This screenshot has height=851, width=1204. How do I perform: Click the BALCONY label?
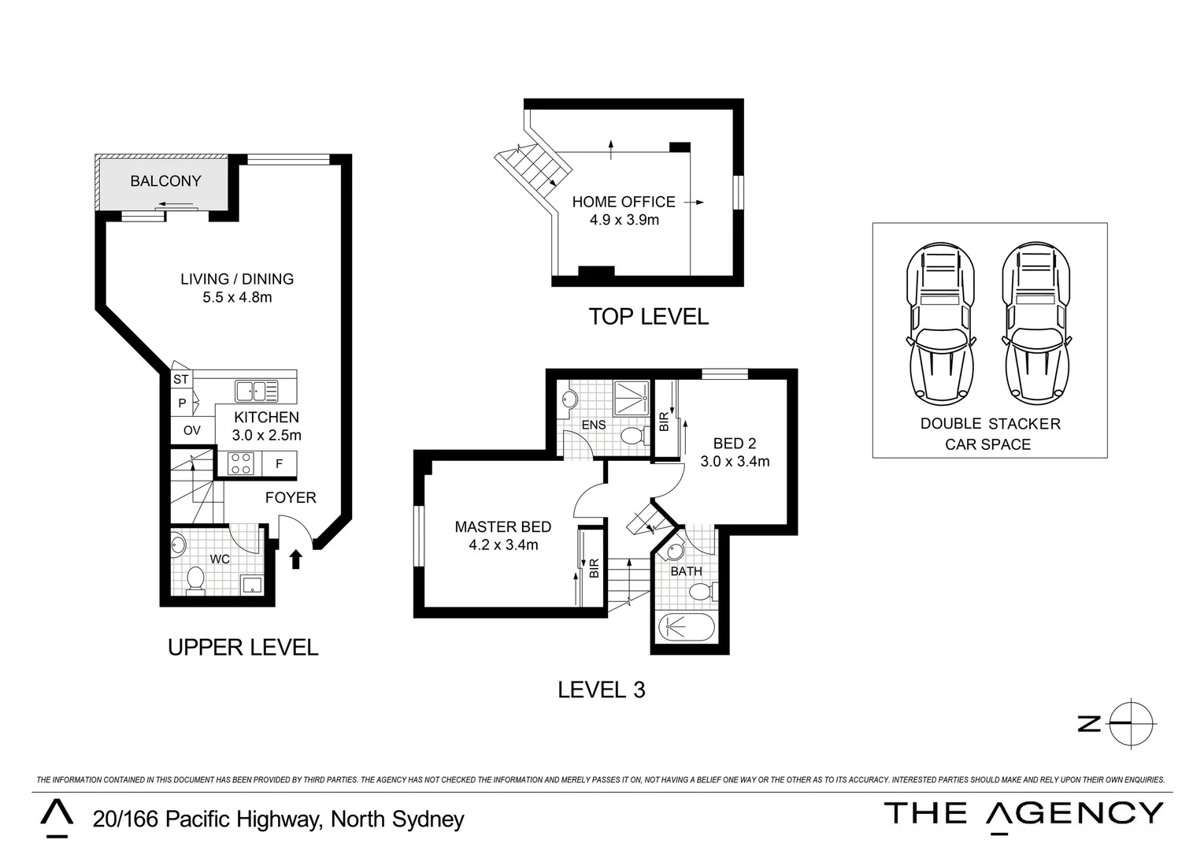(165, 180)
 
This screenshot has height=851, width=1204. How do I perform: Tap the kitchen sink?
(257, 391)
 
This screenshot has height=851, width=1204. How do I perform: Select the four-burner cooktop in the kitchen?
(241, 463)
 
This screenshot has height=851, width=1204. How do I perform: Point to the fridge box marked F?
(279, 463)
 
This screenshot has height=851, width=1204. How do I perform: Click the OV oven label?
(192, 430)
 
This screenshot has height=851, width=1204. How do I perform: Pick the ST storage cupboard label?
(181, 379)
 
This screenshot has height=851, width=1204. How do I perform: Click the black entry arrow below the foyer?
(295, 559)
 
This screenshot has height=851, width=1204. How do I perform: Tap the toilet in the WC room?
(195, 581)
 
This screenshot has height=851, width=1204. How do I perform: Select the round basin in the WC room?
(178, 546)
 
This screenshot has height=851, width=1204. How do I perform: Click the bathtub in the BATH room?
(687, 627)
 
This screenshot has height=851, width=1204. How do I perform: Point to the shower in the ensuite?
(632, 398)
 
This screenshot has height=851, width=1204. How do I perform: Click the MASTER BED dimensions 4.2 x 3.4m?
(503, 545)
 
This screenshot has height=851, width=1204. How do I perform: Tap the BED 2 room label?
(734, 444)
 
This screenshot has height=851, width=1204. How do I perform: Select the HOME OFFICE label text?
(624, 202)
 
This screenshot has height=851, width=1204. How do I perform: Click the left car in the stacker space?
(941, 324)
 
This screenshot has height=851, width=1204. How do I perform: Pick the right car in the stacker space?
(1036, 324)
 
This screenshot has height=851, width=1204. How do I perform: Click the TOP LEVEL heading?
(649, 317)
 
